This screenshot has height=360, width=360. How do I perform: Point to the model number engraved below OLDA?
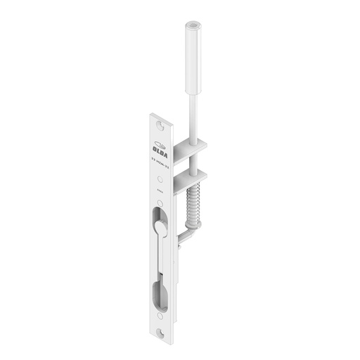(x=161, y=161)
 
